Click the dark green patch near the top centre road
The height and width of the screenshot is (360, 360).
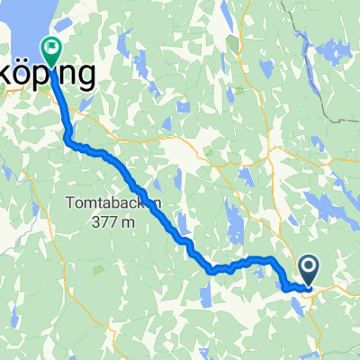tap(236, 43)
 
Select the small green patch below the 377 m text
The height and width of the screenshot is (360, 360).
tap(96, 266)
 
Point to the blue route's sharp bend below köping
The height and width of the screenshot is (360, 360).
tap(68, 139)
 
